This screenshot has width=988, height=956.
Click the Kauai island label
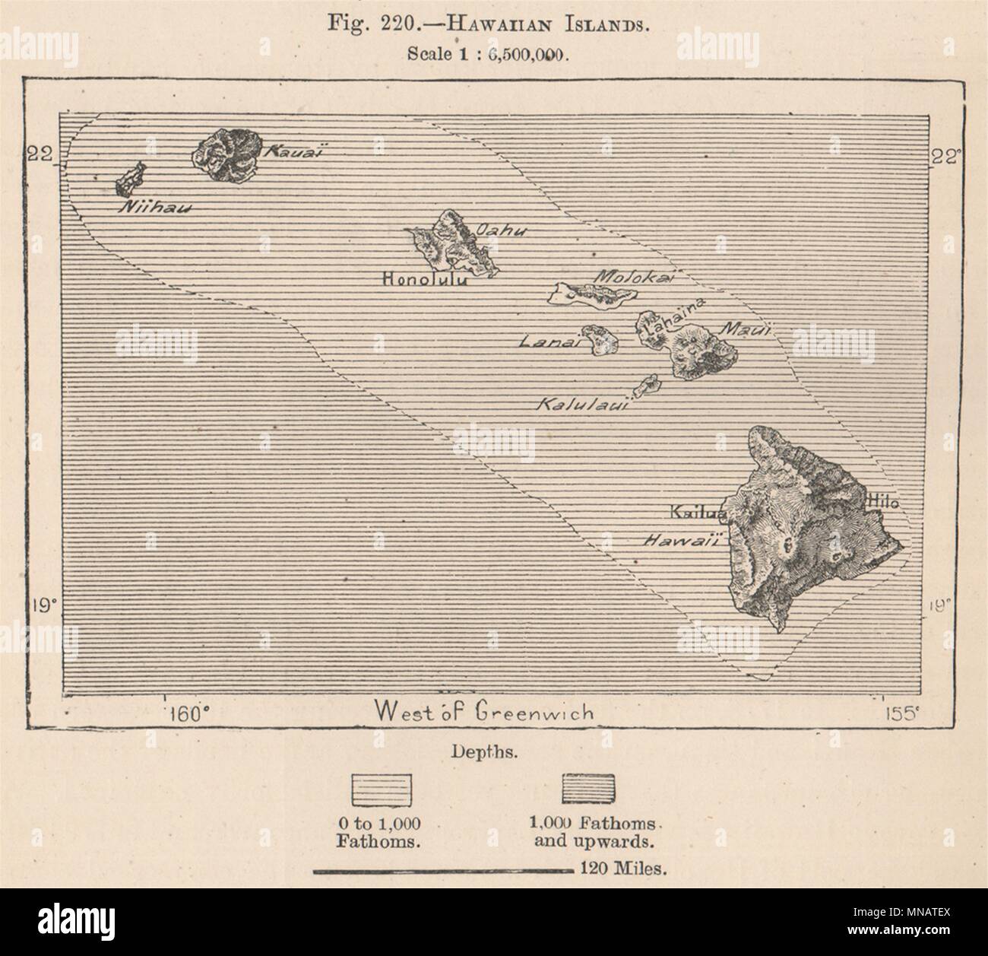coord(283,152)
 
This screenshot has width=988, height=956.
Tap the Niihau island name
coord(153,207)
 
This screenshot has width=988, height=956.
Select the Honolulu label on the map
coord(425,280)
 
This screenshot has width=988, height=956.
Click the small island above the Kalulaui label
coord(648,384)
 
